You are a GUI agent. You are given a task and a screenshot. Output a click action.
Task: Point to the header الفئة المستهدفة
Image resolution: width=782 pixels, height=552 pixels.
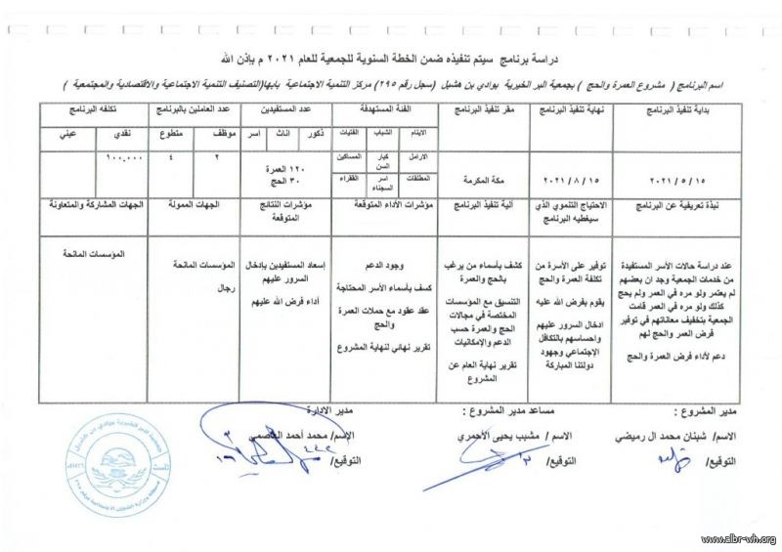click(382, 112)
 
